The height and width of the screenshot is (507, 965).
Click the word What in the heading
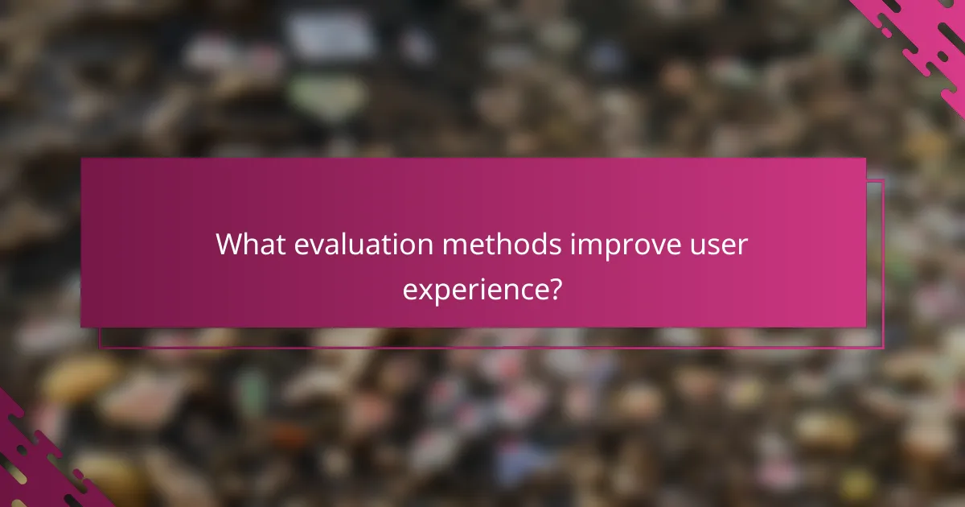(250, 245)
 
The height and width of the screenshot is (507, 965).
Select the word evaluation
(363, 245)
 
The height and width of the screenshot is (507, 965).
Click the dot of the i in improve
(573, 233)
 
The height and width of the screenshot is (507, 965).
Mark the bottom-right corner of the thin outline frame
(883, 348)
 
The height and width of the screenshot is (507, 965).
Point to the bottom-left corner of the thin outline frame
(100, 348)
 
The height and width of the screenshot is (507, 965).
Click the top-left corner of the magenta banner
(81, 159)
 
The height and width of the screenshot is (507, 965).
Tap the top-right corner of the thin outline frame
(883, 179)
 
